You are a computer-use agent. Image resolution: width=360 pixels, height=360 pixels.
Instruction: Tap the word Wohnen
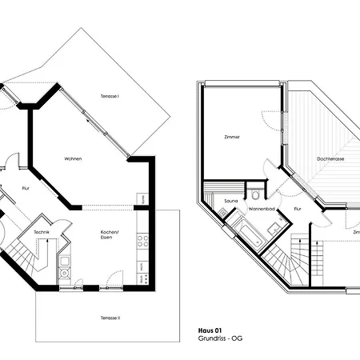(x=74, y=159)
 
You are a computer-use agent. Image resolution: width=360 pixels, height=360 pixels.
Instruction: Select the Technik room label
(x=42, y=231)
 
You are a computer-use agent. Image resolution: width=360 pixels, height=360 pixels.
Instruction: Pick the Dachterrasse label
(x=330, y=159)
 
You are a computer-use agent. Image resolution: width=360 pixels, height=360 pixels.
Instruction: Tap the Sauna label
(x=230, y=200)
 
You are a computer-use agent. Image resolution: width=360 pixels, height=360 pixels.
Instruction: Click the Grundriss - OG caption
(x=220, y=337)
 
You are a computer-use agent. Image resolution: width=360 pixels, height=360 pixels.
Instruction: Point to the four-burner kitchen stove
(x=142, y=239)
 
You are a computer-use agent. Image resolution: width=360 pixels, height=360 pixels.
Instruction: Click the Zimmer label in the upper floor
(x=232, y=137)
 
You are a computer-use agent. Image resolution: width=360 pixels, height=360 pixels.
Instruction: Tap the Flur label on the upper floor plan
(x=297, y=210)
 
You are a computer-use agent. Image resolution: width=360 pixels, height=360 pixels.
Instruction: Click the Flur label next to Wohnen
(x=26, y=189)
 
